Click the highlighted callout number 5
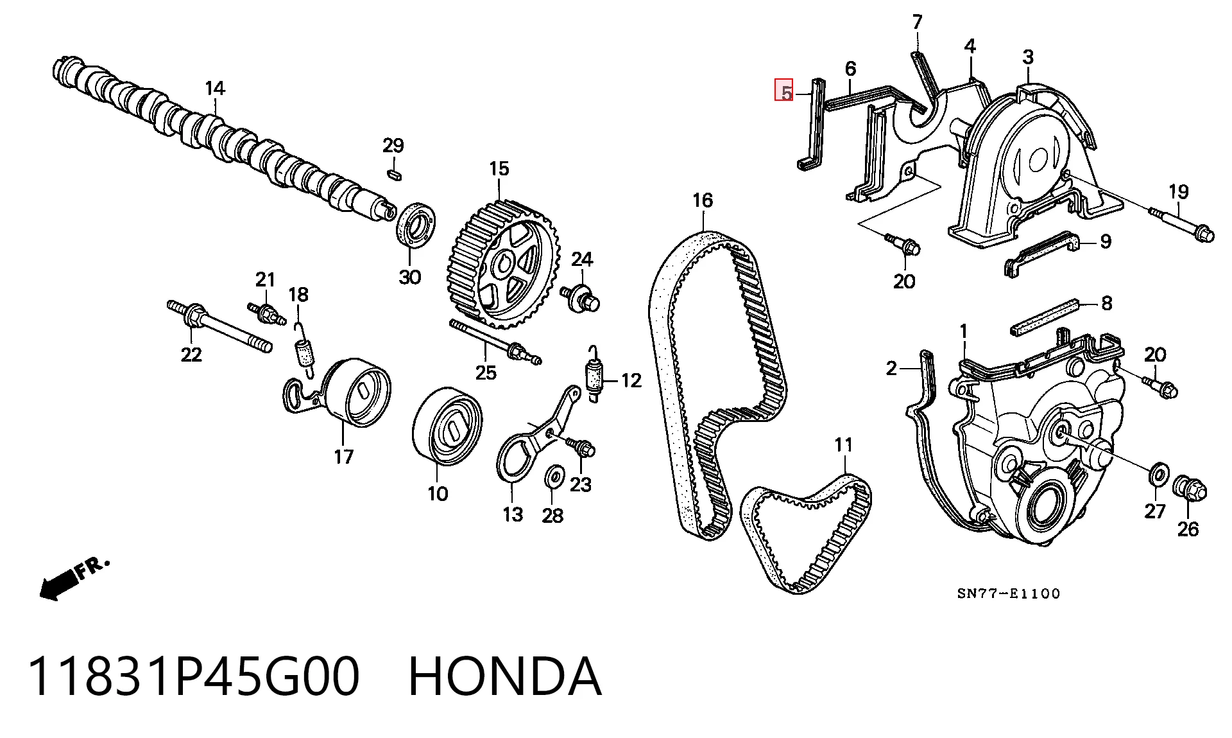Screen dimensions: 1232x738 pyautogui.click(x=785, y=91)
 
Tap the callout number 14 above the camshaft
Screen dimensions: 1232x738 pyautogui.click(x=215, y=88)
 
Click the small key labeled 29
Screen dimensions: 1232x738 pyautogui.click(x=394, y=173)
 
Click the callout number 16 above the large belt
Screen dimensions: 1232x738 pyautogui.click(x=703, y=200)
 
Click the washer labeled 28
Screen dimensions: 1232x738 pyautogui.click(x=554, y=477)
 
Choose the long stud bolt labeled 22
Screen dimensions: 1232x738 pyautogui.click(x=219, y=328)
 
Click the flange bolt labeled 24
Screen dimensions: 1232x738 pyautogui.click(x=581, y=298)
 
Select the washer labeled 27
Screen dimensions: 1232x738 pyautogui.click(x=1158, y=473)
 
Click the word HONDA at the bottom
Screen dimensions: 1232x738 pyautogui.click(x=505, y=676)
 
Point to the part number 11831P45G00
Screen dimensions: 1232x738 pyautogui.click(x=194, y=676)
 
